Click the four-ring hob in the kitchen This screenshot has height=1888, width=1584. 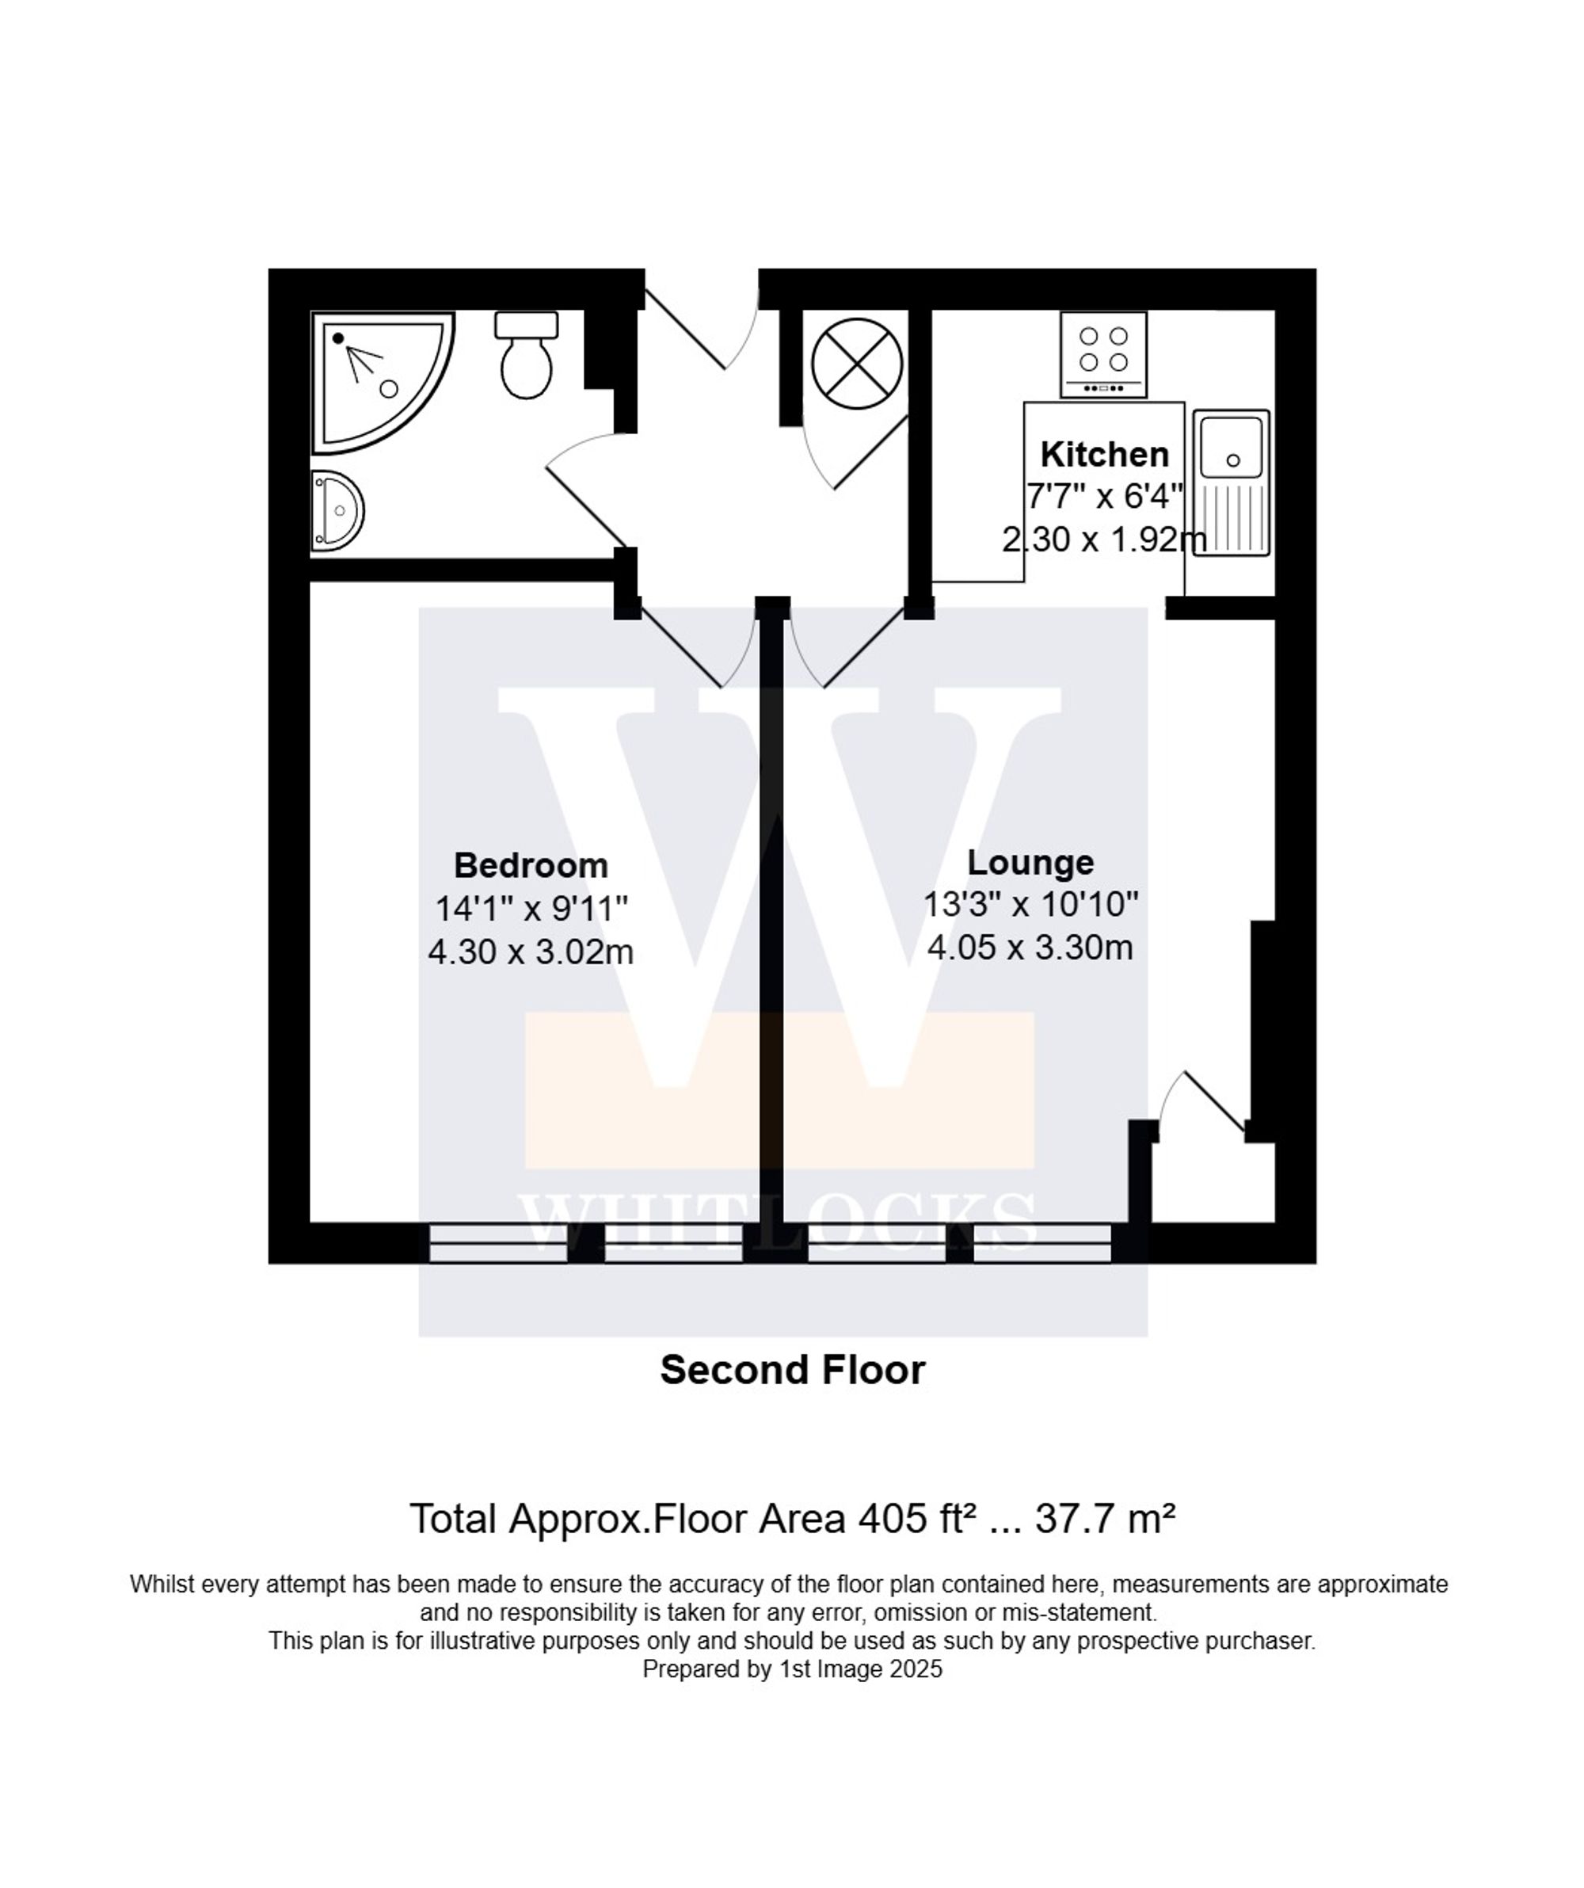(1103, 353)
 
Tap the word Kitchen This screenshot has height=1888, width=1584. (1104, 454)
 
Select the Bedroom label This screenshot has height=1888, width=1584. (531, 865)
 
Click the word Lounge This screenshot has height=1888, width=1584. (1030, 862)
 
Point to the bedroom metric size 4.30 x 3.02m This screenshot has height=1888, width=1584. (531, 952)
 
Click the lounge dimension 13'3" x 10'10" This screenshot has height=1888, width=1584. (1030, 905)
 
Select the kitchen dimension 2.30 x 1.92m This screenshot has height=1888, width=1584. (1104, 540)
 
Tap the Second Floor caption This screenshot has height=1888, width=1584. (792, 1370)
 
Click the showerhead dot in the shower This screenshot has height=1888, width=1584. (338, 338)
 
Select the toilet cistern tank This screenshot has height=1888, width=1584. (526, 325)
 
